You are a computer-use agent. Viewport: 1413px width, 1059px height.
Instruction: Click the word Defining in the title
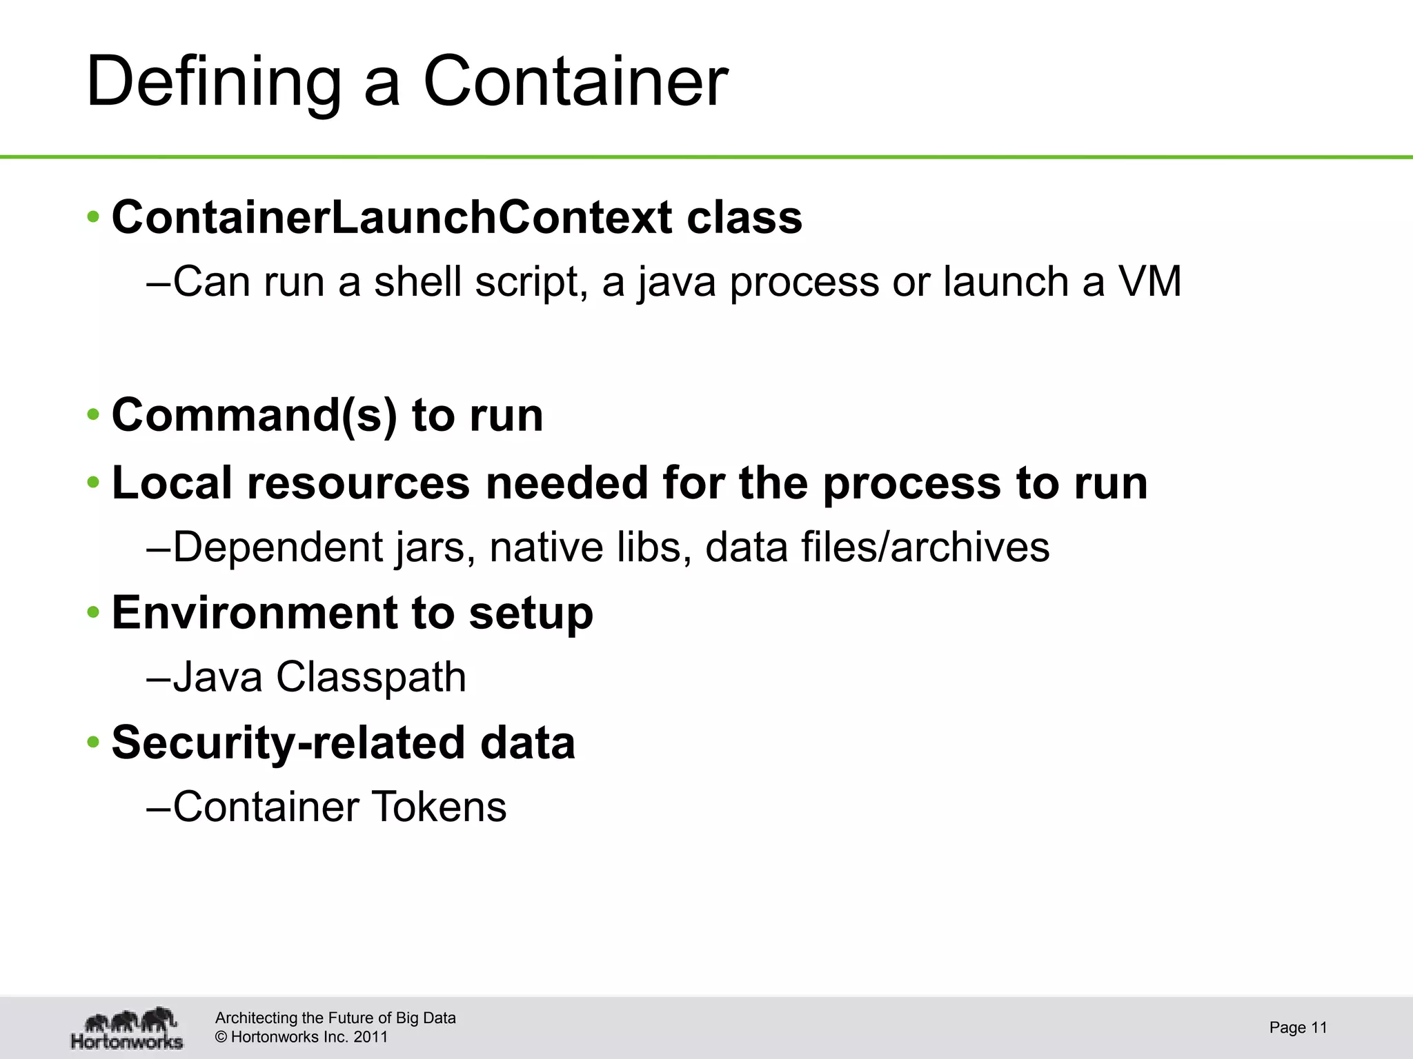[214, 83]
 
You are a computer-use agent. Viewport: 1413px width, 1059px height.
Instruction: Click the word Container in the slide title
[575, 83]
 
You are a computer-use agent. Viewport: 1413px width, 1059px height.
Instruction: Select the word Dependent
[278, 547]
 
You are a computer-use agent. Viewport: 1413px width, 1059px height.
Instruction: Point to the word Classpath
[371, 677]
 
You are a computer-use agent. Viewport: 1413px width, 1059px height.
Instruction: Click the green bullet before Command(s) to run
[94, 416]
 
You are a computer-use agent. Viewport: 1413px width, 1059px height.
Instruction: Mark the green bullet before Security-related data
[94, 743]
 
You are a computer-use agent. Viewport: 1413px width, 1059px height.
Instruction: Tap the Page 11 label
[1298, 1028]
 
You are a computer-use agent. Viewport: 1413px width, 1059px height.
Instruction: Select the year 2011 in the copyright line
[370, 1037]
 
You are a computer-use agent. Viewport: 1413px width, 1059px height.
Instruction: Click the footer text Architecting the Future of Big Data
[335, 1018]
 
